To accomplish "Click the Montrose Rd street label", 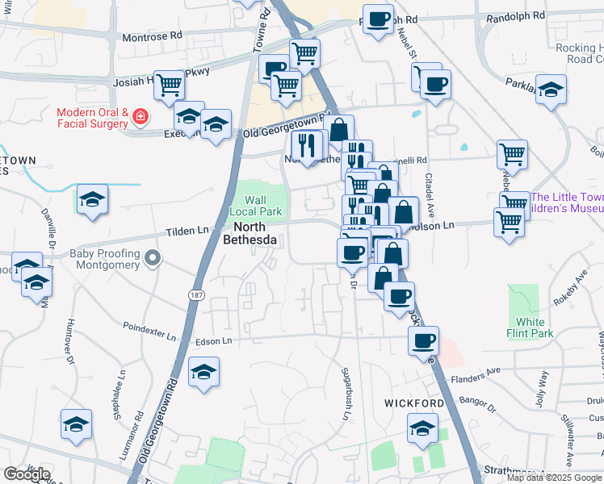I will pos(153,37).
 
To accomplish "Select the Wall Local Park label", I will pos(255,206).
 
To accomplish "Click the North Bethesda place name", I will pos(250,233).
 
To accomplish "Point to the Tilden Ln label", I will pos(187,231).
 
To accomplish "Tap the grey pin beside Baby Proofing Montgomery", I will pos(153,259).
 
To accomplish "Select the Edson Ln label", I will pos(216,341).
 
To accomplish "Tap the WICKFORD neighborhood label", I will pos(413,403).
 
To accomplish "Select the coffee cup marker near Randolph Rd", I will pos(377,19).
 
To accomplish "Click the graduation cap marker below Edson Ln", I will pos(203,372).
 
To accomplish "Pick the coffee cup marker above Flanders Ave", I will pos(423,340).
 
